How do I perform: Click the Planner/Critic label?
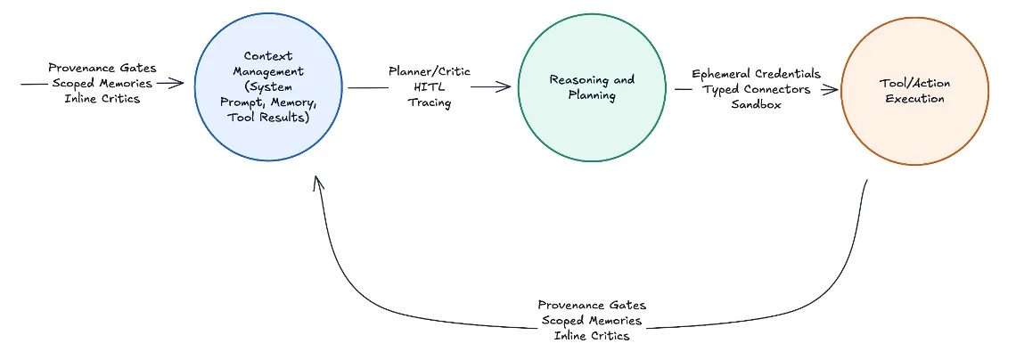coord(430,70)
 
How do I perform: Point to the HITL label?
coord(430,86)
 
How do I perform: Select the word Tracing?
coord(430,102)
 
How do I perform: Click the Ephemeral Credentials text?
coord(756,74)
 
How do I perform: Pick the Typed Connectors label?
coord(756,90)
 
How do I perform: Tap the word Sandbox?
coord(756,105)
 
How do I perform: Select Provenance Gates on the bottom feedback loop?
coord(592,305)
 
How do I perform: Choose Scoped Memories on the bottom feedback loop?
coord(592,321)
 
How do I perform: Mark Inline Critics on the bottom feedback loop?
coord(592,336)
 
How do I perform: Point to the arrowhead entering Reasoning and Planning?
coord(508,87)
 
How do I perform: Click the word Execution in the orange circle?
coord(914,99)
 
